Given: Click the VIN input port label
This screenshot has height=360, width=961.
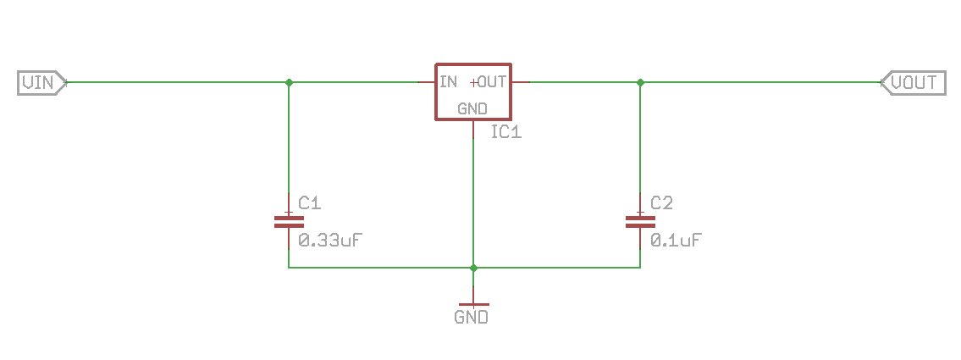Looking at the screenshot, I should tap(39, 82).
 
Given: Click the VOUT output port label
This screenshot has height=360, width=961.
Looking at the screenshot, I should tap(914, 82).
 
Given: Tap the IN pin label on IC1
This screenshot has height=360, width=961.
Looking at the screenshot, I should tap(449, 82).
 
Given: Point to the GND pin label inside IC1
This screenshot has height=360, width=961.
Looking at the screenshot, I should tap(472, 108).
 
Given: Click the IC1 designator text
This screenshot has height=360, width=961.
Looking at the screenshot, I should tap(506, 132).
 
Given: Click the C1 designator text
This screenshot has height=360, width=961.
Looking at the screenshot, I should tap(310, 203).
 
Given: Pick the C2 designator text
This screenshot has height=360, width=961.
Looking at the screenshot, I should tap(661, 203).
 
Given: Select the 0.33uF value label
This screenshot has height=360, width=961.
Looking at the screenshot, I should tap(331, 240).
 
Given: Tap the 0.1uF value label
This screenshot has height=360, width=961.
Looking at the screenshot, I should tap(675, 240).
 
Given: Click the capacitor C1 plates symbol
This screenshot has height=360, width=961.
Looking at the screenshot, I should tap(289, 222).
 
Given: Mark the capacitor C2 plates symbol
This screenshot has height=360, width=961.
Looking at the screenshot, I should tap(640, 222).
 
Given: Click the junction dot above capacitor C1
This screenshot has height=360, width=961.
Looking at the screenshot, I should tap(289, 82).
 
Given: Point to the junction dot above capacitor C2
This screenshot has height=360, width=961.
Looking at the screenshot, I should tap(640, 82).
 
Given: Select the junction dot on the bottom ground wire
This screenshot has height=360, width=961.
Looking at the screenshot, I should tap(473, 268).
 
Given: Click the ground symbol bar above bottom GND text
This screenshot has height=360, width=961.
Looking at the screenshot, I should tap(473, 303).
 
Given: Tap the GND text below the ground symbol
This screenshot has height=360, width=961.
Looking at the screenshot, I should tap(472, 318).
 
